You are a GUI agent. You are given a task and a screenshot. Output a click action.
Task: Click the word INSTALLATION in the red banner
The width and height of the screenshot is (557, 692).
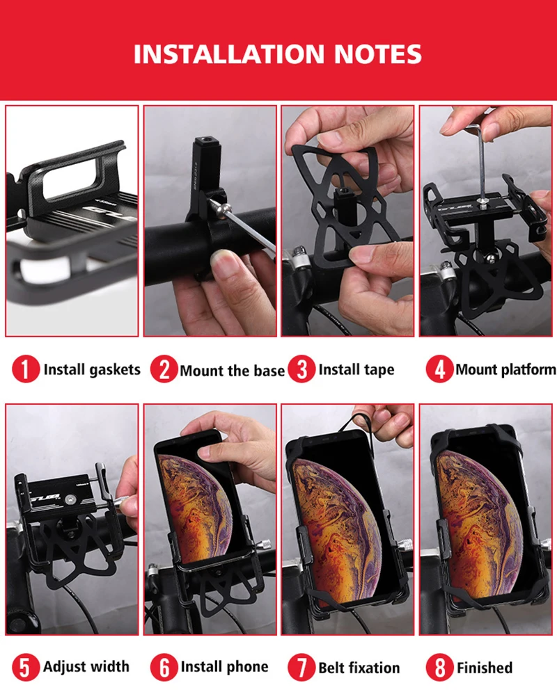pyautogui.click(x=229, y=54)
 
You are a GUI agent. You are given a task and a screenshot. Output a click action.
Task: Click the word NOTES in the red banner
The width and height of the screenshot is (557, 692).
pyautogui.click(x=377, y=54)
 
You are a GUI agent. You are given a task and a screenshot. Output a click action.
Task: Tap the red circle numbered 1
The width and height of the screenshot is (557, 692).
pyautogui.click(x=26, y=369)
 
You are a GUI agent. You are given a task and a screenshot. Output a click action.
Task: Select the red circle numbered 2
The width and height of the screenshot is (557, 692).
pyautogui.click(x=164, y=369)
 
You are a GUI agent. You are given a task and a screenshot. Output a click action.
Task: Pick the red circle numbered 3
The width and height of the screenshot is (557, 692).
pyautogui.click(x=301, y=369)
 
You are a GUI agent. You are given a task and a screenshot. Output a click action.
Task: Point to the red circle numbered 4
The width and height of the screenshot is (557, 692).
pyautogui.click(x=439, y=369)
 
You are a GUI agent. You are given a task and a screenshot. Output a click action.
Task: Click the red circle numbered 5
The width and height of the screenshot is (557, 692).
pyautogui.click(x=26, y=667)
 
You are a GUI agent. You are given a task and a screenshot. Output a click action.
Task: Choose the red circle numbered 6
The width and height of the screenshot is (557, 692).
pyautogui.click(x=164, y=667)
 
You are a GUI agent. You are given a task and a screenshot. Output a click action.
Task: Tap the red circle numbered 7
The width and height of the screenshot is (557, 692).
pyautogui.click(x=301, y=667)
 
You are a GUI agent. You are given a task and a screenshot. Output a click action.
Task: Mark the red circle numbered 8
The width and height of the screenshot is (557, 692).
pyautogui.click(x=439, y=667)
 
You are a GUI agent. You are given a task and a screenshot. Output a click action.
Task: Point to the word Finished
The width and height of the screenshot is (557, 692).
pyautogui.click(x=485, y=667)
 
